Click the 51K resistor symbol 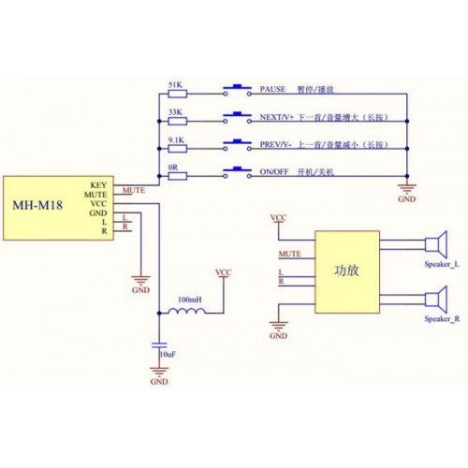[x=178, y=94]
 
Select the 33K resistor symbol [x=178, y=121]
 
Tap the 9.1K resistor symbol [x=178, y=149]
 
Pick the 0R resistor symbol [x=178, y=176]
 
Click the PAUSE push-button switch [x=237, y=90]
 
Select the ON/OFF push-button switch [x=237, y=172]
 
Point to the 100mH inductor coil [x=187, y=311]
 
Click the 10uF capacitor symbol [x=159, y=345]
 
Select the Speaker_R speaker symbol [x=436, y=300]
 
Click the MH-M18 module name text [x=37, y=205]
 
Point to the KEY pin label [x=98, y=185]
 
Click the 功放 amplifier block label [x=346, y=271]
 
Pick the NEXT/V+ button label [x=277, y=117]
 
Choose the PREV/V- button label [x=275, y=145]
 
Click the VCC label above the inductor [x=224, y=272]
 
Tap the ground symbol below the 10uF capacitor [x=159, y=372]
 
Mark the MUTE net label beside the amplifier [x=290, y=254]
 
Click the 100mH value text [x=190, y=300]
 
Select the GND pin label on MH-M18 [x=98, y=213]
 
